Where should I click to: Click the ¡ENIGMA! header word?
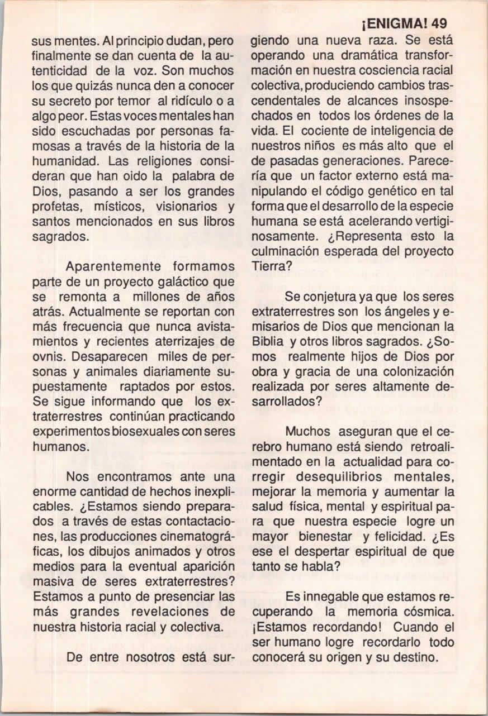pyautogui.click(x=396, y=24)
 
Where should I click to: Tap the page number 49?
pyautogui.click(x=440, y=24)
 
